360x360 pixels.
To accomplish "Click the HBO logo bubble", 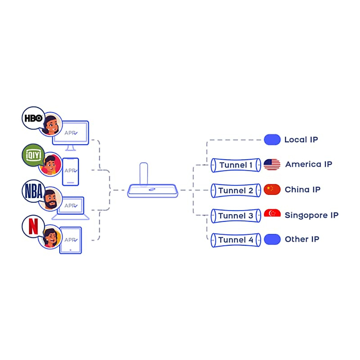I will [x=33, y=118].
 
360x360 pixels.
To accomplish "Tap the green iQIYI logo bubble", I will [x=33, y=155].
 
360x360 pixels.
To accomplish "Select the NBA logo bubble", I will [x=33, y=191].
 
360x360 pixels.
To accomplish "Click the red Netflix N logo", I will [x=33, y=226].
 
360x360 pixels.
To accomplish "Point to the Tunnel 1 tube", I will [x=236, y=165].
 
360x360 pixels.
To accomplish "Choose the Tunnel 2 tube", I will [x=236, y=190].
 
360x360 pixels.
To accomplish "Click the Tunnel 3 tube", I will [x=236, y=216].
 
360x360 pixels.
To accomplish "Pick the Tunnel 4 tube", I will [x=236, y=240].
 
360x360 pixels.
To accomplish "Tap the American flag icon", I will [x=272, y=164].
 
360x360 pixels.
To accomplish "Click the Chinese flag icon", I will [x=272, y=190].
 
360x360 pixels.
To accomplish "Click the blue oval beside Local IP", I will [x=272, y=139].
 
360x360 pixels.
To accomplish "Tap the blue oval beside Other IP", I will [x=272, y=239].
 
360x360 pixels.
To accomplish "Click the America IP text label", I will [x=309, y=164].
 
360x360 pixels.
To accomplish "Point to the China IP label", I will [x=302, y=190].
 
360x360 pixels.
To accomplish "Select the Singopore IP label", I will [x=311, y=215].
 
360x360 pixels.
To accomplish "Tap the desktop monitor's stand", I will [x=70, y=148].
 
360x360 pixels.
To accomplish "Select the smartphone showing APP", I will [x=70, y=172].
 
